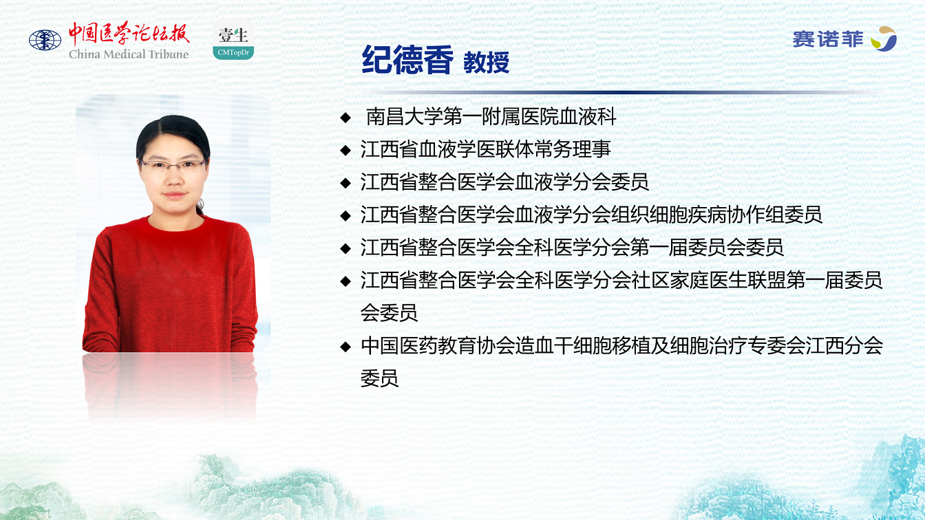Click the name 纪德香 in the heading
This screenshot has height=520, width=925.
tap(407, 60)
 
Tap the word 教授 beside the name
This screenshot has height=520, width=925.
tap(486, 63)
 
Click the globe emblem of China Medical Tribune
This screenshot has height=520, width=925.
tap(45, 41)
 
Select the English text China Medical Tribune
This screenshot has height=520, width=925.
tap(129, 54)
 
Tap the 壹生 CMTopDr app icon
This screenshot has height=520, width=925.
tap(233, 40)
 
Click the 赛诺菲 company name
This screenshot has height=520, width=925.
tap(828, 40)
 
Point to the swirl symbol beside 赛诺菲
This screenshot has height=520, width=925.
tap(883, 39)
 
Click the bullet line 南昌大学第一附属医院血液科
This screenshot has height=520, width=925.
tap(491, 116)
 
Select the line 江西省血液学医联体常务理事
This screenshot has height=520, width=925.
tap(485, 149)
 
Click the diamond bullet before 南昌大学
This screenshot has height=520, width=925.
tap(345, 118)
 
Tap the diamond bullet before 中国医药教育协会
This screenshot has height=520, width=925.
tap(345, 347)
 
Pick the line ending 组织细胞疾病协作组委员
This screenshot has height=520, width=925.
tap(591, 215)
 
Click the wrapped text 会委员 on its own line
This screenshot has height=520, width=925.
tap(389, 313)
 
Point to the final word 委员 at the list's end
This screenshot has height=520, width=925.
tap(379, 378)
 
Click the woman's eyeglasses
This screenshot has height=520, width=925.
tap(173, 166)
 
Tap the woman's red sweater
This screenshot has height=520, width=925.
tap(170, 285)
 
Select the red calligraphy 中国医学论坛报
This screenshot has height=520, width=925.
tap(129, 34)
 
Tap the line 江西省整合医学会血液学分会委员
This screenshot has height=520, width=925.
tap(504, 182)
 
